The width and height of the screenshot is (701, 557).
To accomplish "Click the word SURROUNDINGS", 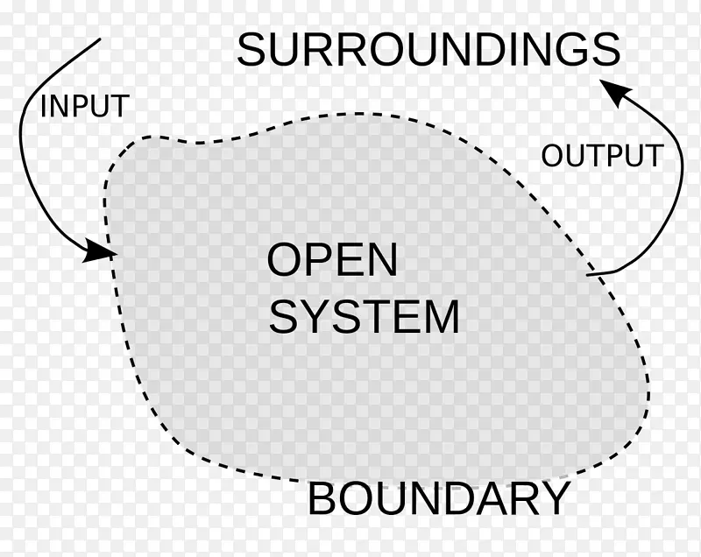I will coord(428,50).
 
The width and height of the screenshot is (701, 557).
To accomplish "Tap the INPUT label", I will coord(84,107).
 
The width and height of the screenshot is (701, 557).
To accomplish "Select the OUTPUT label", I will coord(601,156).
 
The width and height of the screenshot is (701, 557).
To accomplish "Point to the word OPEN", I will coord(332,260).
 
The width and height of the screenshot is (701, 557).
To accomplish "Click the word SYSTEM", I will coord(364,317).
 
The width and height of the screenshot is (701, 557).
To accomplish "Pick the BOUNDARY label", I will coord(439,500).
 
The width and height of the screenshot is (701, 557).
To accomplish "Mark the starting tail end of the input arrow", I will coord(101,39).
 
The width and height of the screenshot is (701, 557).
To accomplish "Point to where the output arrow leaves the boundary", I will coord(588,276).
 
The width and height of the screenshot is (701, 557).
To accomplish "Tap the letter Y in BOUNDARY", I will coord(554,500).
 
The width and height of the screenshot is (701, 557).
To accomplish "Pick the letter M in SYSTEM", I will coord(441,317).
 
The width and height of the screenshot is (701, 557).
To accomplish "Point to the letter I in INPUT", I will coord(44,107).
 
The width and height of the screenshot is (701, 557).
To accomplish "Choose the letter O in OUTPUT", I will coord(552,156).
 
